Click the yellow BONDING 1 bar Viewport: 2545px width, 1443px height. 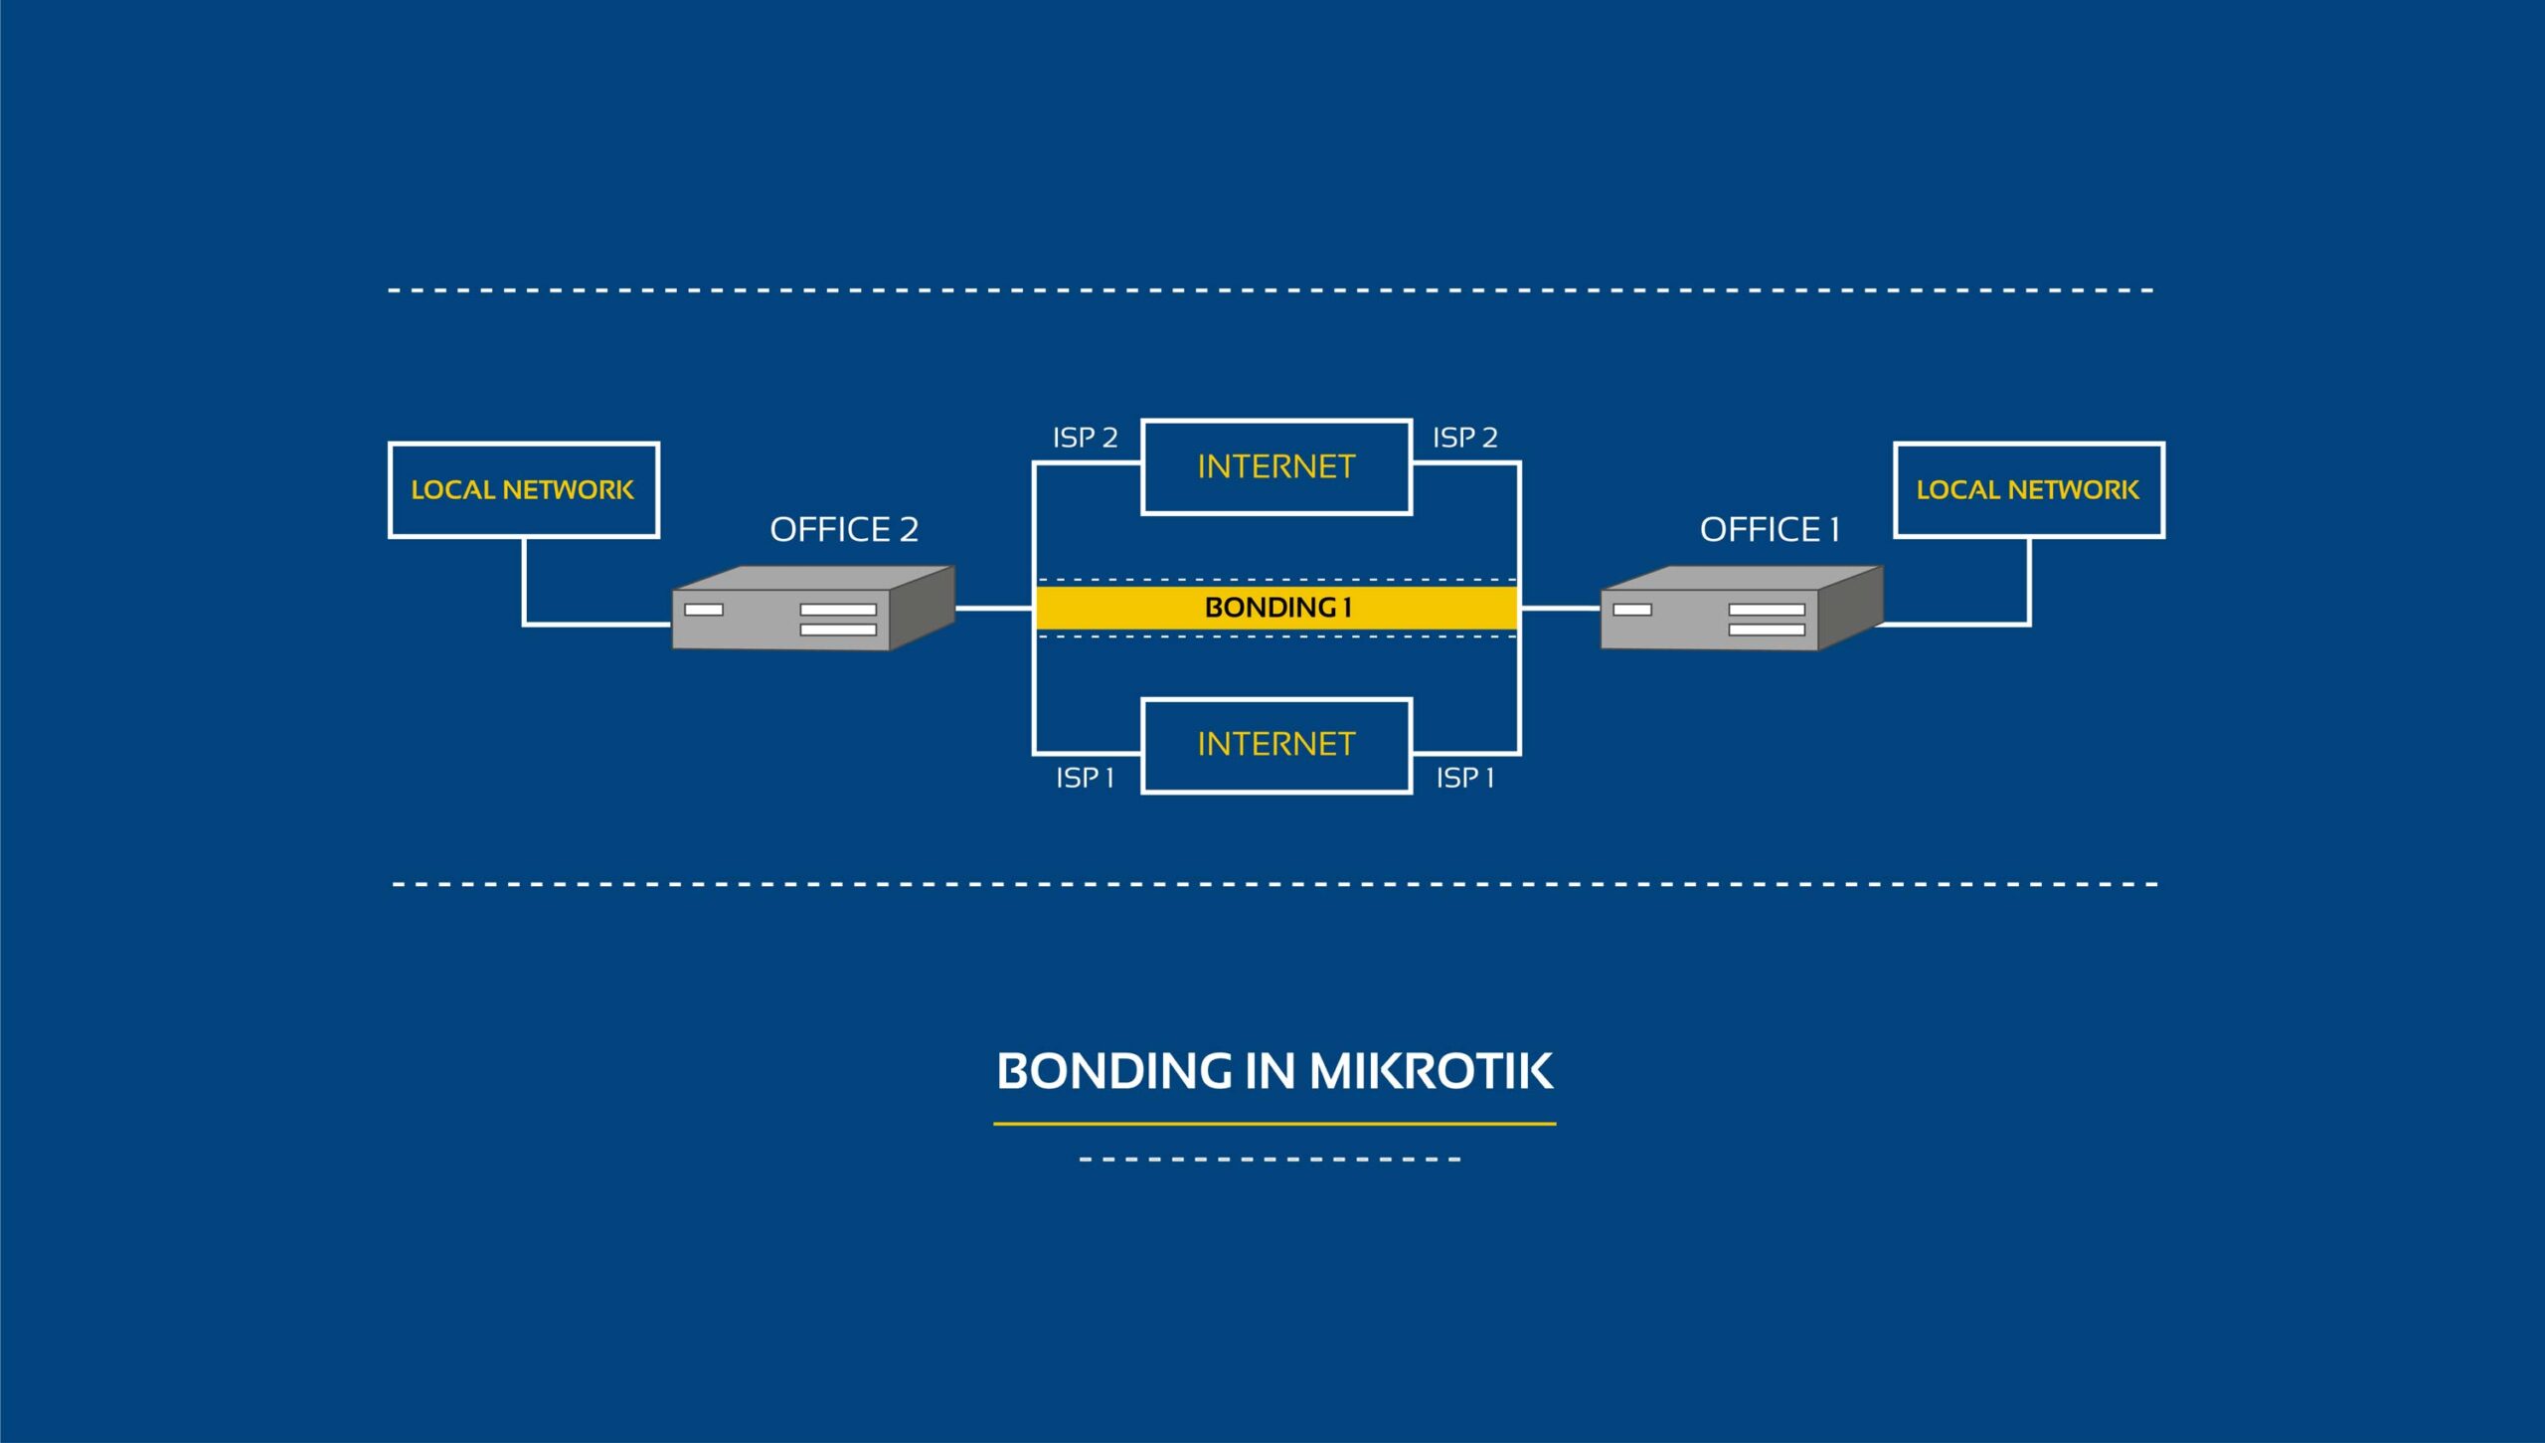[1276, 607]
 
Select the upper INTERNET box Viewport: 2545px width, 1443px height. [1276, 466]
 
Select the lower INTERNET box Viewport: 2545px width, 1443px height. [1276, 745]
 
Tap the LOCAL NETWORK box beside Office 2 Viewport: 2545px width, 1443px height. [523, 489]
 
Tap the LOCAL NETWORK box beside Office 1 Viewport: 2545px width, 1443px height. [2028, 489]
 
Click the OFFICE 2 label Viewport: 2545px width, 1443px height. [844, 530]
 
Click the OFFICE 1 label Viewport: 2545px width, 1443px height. [1769, 530]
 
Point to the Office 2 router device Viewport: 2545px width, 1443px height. [810, 609]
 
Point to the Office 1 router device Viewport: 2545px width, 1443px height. [1740, 609]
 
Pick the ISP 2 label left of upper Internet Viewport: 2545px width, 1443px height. [1085, 438]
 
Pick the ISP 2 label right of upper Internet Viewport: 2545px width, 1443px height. [1464, 438]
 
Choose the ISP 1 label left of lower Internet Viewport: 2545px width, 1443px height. [1085, 778]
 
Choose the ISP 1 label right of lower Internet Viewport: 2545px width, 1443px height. [1464, 778]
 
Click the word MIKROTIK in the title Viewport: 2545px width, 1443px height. [1431, 1071]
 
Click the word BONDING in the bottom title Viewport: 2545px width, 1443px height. [1113, 1071]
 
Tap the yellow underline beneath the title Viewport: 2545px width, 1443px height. [1274, 1124]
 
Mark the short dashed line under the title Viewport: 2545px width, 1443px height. [1270, 1159]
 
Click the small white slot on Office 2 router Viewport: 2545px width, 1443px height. [704, 610]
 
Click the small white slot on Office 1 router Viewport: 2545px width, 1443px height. [1632, 610]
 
